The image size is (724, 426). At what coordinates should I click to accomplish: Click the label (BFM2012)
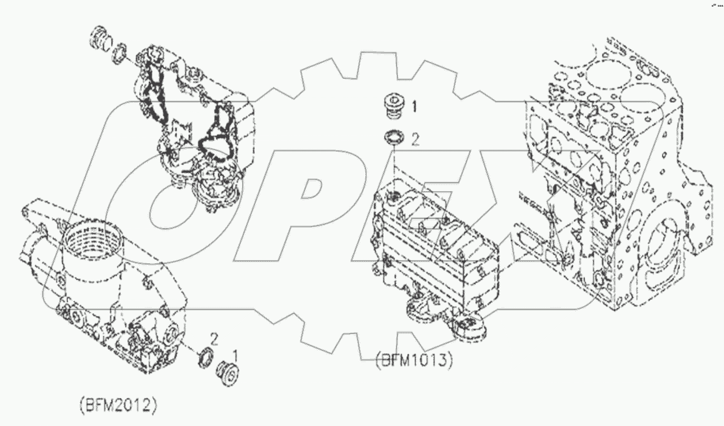coord(118,405)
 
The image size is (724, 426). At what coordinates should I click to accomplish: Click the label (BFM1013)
coord(414,360)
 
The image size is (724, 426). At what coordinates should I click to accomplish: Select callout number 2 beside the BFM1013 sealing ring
coord(415,139)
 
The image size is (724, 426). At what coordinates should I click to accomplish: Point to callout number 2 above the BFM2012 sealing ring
coord(213,338)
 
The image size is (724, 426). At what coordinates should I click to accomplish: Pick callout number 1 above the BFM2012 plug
coord(235,353)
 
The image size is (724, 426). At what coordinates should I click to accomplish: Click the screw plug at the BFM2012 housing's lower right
coord(228,372)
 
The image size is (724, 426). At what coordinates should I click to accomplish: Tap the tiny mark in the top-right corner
coord(716,6)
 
